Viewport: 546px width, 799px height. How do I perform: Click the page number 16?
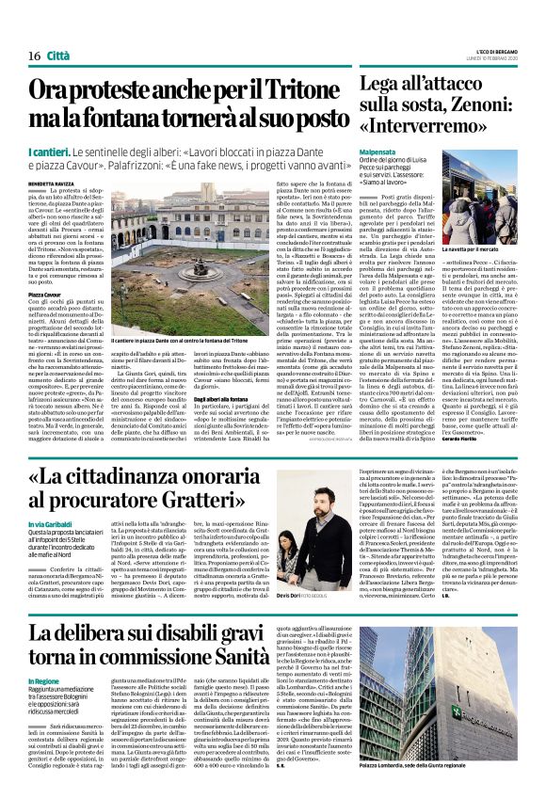(21, 30)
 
